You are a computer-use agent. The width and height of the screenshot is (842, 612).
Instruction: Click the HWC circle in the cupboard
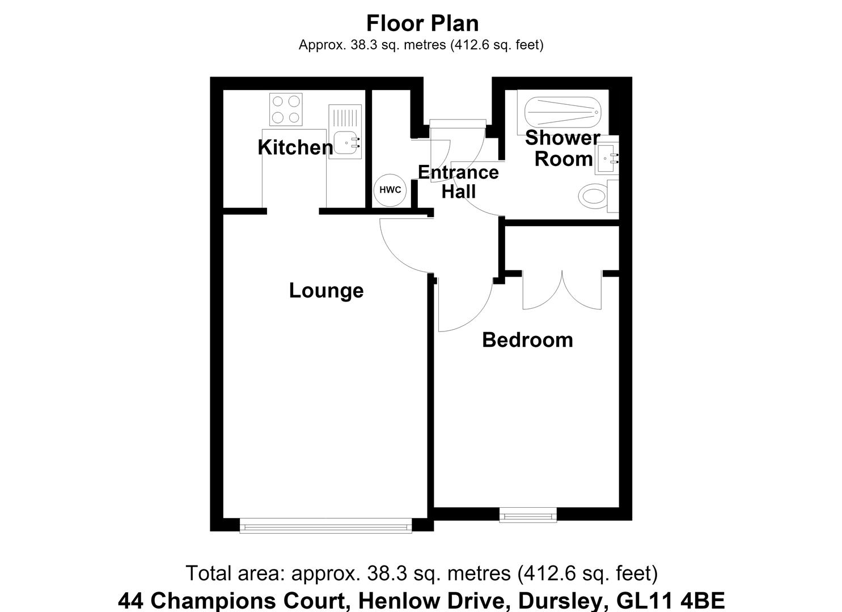390,190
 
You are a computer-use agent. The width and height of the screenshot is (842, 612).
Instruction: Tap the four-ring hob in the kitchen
286,109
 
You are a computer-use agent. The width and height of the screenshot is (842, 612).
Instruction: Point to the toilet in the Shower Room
598,195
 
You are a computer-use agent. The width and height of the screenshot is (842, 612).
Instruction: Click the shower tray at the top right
562,112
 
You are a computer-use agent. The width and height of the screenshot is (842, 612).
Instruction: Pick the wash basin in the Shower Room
606,159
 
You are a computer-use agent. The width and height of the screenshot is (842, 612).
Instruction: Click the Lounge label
326,291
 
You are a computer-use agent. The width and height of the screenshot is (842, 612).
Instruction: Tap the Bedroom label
527,340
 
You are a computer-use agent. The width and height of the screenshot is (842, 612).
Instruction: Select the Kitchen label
295,147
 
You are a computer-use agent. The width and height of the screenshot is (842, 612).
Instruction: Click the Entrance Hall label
459,182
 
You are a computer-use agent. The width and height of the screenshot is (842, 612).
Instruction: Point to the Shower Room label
562,148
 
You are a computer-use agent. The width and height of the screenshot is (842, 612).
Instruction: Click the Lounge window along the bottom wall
325,526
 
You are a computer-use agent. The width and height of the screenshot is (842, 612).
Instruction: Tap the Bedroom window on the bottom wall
528,515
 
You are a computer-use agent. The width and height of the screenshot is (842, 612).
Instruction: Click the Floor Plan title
422,23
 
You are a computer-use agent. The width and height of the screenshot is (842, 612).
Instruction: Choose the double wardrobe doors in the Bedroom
562,290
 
